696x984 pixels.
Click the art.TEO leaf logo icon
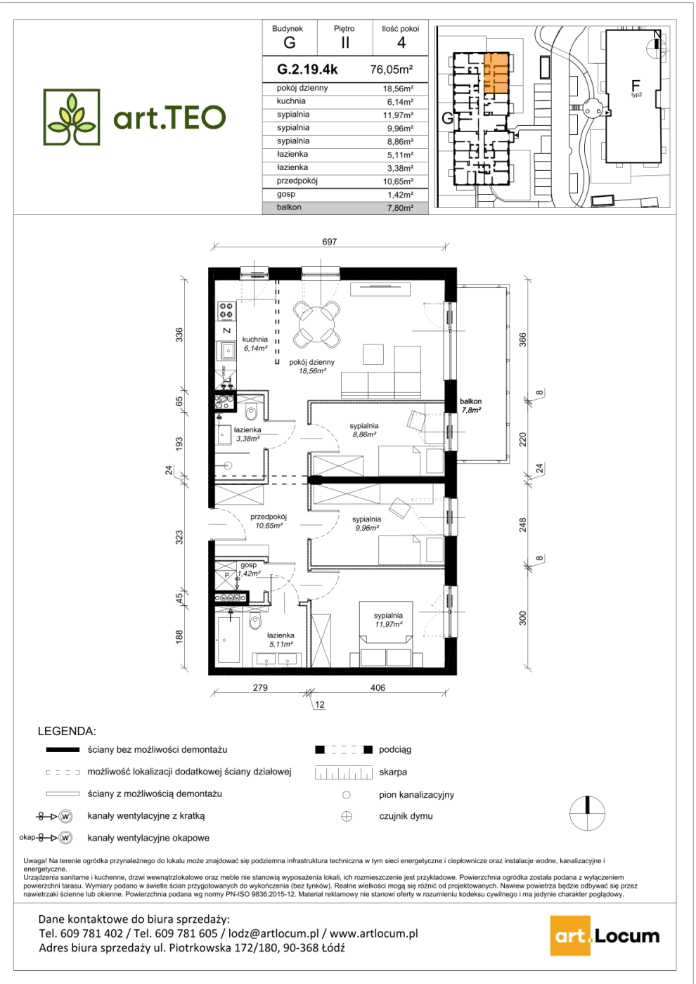pos(72,117)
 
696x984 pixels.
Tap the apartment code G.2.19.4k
pos(308,70)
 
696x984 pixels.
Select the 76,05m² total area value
pos(392,70)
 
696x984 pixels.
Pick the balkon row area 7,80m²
pos(400,208)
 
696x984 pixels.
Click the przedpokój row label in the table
pos(297,181)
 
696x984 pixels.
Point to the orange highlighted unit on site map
pos(496,73)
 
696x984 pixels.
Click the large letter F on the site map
pos(635,85)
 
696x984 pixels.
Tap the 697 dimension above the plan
pos(330,242)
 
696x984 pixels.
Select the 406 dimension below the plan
pos(378,687)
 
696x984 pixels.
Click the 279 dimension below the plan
pos(260,687)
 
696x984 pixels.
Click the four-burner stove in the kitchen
pos(226,311)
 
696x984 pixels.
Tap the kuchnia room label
pos(254,339)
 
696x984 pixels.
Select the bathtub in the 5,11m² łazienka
pos(228,640)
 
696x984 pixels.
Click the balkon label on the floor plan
pos(470,401)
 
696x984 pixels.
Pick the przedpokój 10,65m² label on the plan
pos(269,521)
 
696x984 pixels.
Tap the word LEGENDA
pos(67,732)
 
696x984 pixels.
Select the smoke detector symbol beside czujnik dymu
pos(347,817)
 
